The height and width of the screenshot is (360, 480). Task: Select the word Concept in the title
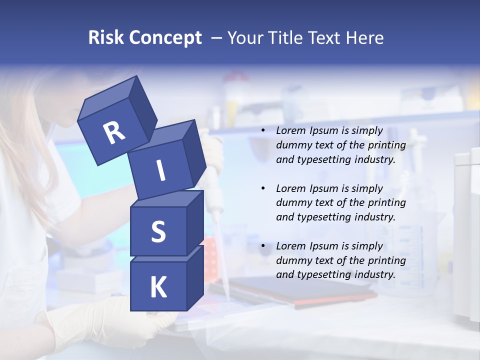165,38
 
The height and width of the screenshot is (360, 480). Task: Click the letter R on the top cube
114,133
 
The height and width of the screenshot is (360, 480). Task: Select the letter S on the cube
158,231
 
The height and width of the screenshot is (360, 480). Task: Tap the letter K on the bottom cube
158,287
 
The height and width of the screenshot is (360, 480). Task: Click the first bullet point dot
262,131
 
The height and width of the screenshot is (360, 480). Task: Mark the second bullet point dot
262,188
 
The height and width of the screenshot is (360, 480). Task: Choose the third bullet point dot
262,246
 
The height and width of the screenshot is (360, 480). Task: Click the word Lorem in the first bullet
290,131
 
